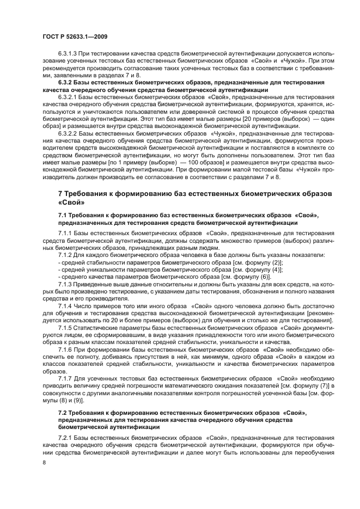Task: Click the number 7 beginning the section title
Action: pos(60,194)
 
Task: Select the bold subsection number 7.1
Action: pos(63,216)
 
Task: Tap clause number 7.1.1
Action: pos(66,233)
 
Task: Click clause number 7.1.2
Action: pos(66,255)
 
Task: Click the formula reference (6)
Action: pos(265,277)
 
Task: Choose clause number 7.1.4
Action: pos(66,306)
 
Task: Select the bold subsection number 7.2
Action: pos(63,414)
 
